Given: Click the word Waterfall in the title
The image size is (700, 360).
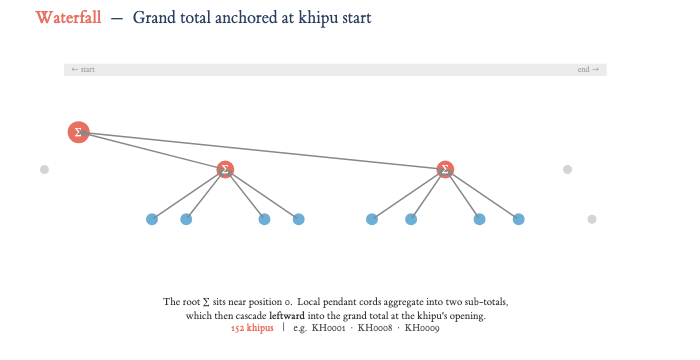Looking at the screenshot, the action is (x=68, y=18).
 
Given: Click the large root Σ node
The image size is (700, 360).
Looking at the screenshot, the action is (x=79, y=132).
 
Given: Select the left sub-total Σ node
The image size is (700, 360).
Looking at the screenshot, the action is (x=225, y=169).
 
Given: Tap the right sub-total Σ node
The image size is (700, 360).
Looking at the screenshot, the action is (x=445, y=169).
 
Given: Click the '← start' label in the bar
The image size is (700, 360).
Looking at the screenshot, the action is (x=83, y=70).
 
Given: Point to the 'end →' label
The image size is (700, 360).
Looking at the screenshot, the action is (x=588, y=70).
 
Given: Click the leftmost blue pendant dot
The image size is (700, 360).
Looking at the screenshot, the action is (x=152, y=219).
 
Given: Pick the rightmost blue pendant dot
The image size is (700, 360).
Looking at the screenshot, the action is (x=518, y=219).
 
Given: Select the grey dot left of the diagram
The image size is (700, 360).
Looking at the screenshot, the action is (x=44, y=169).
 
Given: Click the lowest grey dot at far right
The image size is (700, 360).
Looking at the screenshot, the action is (x=592, y=219).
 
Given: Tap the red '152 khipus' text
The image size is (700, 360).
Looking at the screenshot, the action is (x=252, y=328).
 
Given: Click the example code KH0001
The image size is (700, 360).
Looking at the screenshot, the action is (x=329, y=328).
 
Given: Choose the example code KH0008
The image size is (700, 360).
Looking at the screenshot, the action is (x=375, y=328).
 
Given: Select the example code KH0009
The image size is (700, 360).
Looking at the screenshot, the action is (x=422, y=328).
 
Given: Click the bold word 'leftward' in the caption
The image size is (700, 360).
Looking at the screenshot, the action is (x=287, y=316).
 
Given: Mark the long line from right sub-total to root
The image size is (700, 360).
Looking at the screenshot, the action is (x=262, y=151).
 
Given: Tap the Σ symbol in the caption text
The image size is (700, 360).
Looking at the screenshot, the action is (x=206, y=302).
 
